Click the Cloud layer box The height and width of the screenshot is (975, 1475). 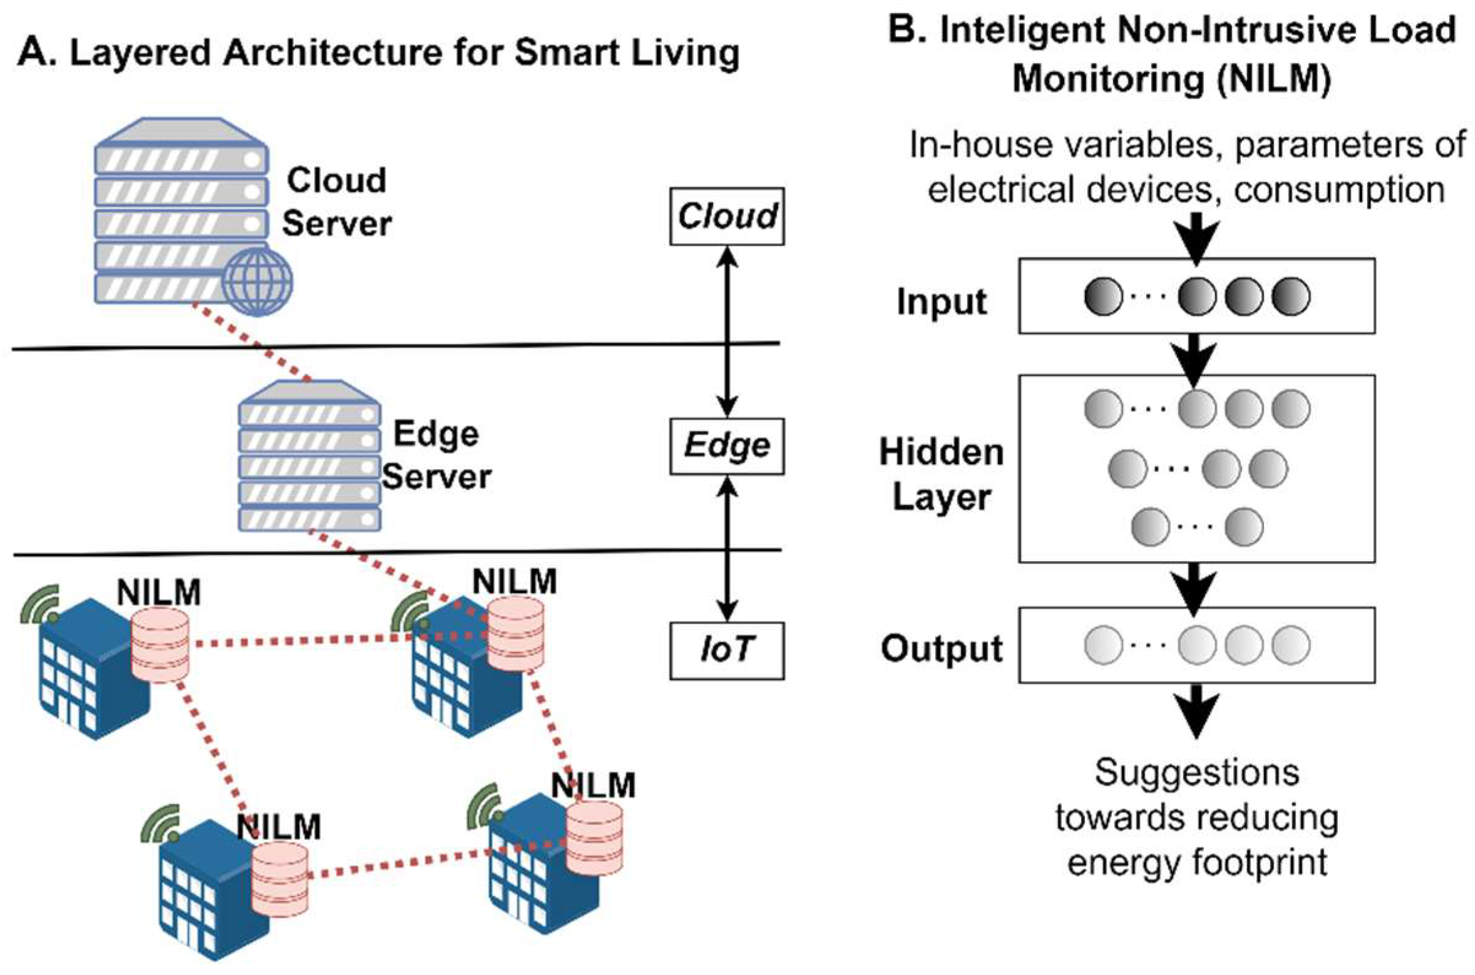point(726,216)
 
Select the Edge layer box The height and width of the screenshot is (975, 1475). point(726,446)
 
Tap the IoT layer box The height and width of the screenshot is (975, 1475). point(726,651)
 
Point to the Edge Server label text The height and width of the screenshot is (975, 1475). point(437,456)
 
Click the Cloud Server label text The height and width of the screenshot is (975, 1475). point(337,202)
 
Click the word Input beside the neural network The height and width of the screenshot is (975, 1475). point(941,302)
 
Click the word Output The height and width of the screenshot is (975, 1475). point(941,649)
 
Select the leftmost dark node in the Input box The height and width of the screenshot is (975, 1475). point(1103,296)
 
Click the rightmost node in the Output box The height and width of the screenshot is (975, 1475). point(1291,645)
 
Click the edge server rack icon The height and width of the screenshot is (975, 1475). point(309,457)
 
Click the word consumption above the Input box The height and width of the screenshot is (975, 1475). point(1339,189)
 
